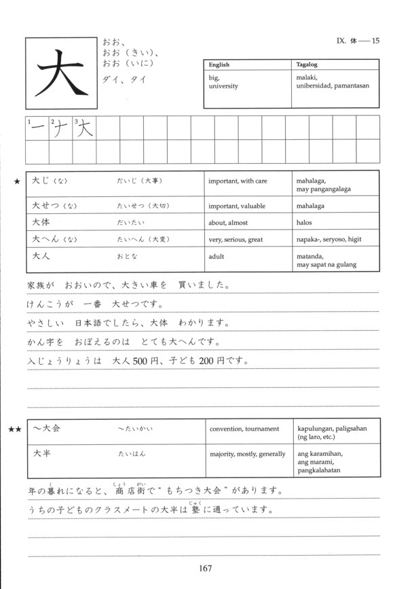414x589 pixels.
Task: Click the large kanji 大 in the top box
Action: click(59, 72)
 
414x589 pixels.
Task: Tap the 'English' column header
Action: click(219, 65)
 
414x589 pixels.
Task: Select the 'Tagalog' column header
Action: click(308, 65)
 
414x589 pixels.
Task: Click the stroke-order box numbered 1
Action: click(37, 128)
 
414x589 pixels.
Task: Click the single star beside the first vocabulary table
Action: click(15, 181)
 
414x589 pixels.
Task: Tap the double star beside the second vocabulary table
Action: click(15, 429)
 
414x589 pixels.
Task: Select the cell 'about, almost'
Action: click(229, 223)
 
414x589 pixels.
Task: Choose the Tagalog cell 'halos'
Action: click(305, 223)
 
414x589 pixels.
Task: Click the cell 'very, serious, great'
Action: click(236, 240)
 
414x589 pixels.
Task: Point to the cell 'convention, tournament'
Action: click(244, 429)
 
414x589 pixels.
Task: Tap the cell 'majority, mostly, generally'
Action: click(248, 454)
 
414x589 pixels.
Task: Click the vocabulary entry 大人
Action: click(41, 257)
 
